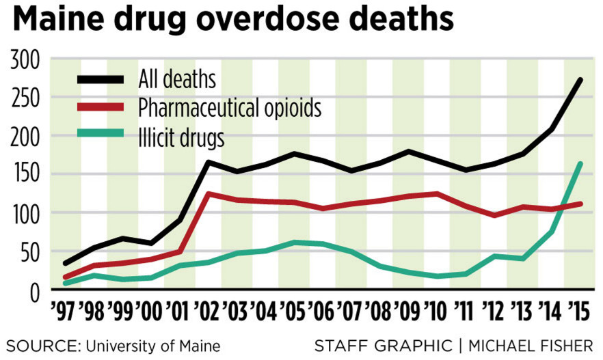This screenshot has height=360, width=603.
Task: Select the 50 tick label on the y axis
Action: tap(31, 252)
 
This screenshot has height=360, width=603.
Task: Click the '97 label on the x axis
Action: tap(65, 311)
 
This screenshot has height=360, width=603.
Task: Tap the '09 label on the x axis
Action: tap(408, 311)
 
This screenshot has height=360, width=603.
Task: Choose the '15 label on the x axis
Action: tap(579, 311)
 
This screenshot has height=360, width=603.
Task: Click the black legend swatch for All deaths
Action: tap(100, 80)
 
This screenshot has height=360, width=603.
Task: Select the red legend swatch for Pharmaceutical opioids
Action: tap(100, 108)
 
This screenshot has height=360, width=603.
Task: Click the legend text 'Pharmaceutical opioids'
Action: tap(229, 108)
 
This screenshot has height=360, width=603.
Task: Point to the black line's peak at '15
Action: tap(580, 80)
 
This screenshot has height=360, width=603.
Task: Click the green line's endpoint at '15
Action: tap(580, 163)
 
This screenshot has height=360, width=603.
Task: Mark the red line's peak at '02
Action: tap(208, 193)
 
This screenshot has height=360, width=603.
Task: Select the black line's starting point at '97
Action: tap(65, 263)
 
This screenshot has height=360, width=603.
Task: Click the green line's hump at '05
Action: tap(293, 242)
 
